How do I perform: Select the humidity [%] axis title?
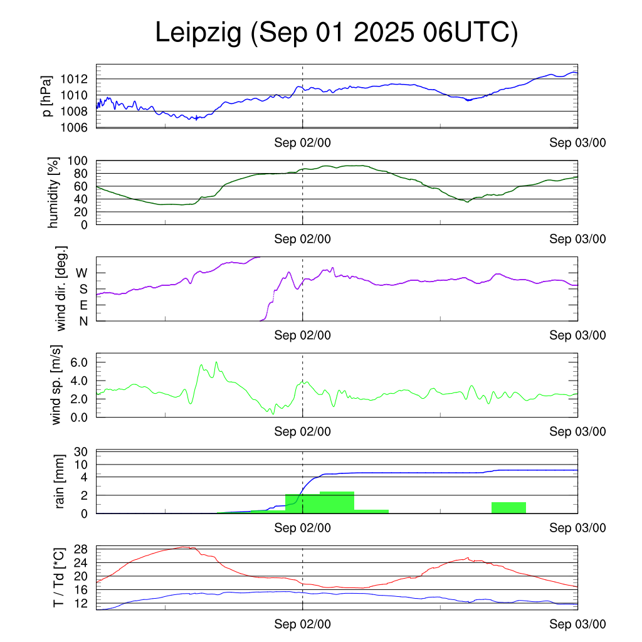coord(54,192)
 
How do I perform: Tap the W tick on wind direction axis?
coord(82,273)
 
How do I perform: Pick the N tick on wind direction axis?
coord(83,321)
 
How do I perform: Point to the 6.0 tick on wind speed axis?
coord(80,362)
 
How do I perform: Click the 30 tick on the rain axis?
coord(82,452)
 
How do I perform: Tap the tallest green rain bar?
coord(337,502)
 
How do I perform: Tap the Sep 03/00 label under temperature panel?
coord(578,624)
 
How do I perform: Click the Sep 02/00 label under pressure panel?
coord(302,143)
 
